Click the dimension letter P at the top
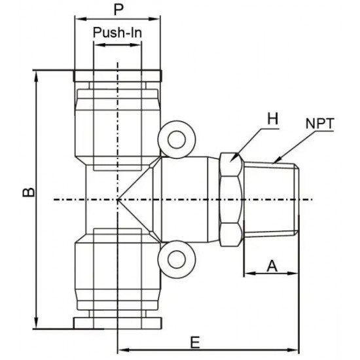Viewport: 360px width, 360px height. (x=117, y=10)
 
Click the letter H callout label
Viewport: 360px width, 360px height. (x=272, y=119)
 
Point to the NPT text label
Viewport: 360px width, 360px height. (x=319, y=123)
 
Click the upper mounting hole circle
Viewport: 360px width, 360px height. (x=177, y=139)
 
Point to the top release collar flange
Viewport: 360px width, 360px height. (x=117, y=75)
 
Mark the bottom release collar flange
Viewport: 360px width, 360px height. (x=117, y=323)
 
